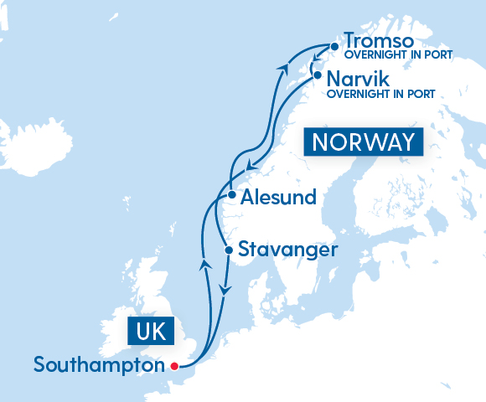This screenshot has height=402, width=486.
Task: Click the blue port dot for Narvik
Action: coord(318,75)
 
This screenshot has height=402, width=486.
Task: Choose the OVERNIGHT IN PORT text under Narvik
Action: coord(380,94)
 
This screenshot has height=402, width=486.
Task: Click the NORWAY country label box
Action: coord(363,142)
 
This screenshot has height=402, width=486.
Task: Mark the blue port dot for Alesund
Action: coord(231,195)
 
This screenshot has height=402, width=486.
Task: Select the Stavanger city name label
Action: coord(288,250)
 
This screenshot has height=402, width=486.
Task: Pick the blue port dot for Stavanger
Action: coord(229,250)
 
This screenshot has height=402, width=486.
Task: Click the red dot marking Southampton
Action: coord(174,366)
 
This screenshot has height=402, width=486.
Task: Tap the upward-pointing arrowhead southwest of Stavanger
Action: coord(202,265)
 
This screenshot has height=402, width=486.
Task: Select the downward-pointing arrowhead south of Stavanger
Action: coord(224,289)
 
